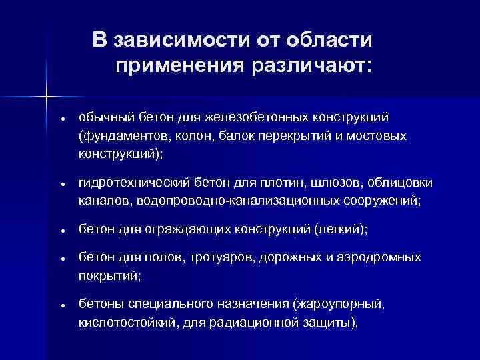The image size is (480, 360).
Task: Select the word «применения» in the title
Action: [179, 67]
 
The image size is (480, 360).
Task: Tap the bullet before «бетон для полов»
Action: [61, 258]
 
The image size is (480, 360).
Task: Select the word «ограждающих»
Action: [191, 229]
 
